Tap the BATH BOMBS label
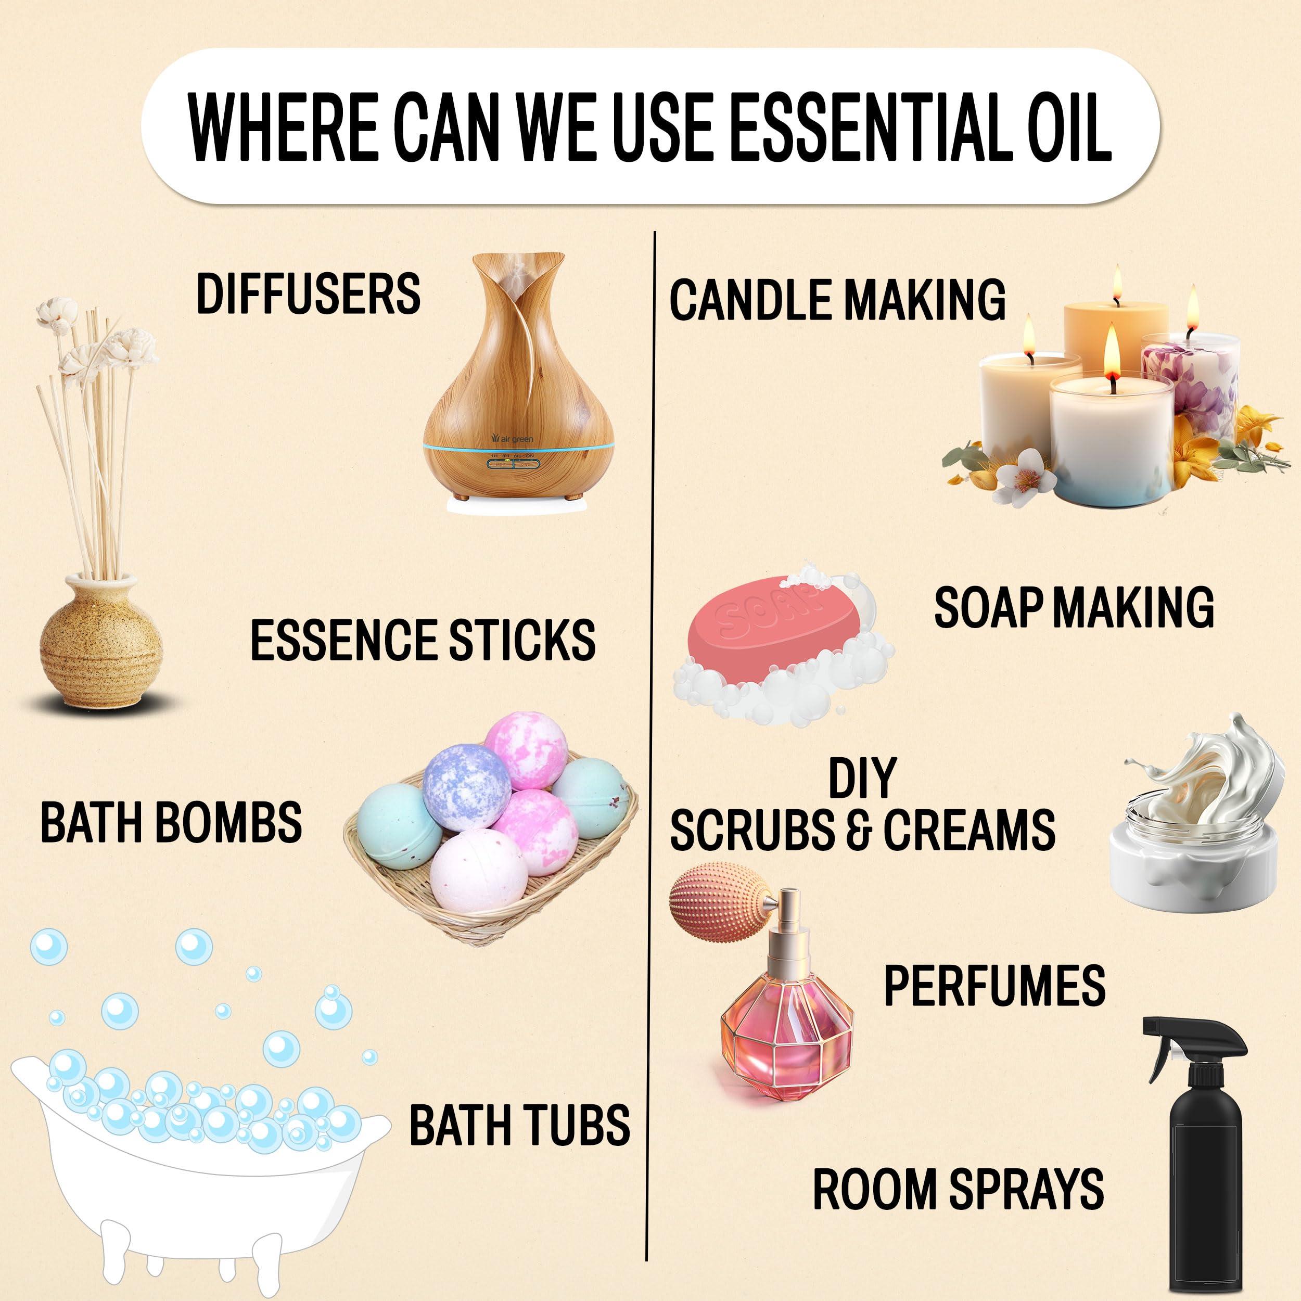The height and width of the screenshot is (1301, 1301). [x=171, y=822]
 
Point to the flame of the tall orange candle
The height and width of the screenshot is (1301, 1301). [x=1117, y=282]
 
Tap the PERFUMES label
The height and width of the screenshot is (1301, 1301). [x=994, y=985]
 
